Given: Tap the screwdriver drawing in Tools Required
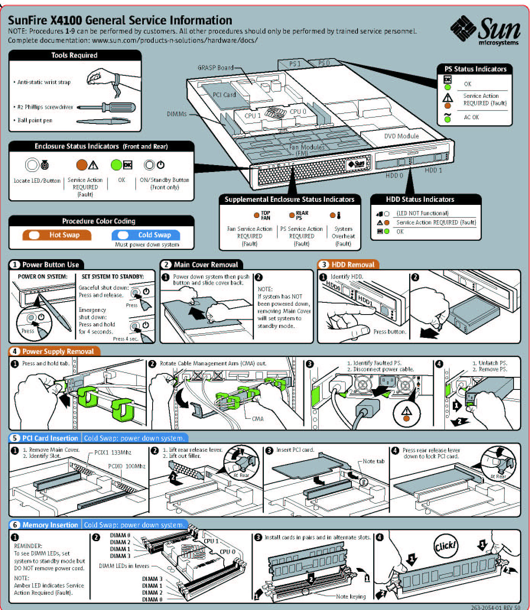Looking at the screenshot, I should (x=106, y=107).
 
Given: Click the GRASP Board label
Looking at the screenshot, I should (x=215, y=68).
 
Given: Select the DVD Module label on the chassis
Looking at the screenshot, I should (x=401, y=136).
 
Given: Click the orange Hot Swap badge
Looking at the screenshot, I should (x=57, y=235).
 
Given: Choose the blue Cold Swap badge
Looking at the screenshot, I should (x=146, y=235).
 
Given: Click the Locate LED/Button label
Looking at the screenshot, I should (x=37, y=180).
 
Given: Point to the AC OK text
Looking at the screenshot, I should (x=471, y=117).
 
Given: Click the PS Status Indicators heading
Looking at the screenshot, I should (x=475, y=69).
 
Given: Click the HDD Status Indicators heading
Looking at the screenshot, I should (x=420, y=199).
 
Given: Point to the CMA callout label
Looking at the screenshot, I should (x=257, y=419).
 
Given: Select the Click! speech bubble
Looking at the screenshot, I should (x=445, y=546).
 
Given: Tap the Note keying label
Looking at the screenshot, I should (x=351, y=596).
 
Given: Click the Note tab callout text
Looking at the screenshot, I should (x=373, y=461).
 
